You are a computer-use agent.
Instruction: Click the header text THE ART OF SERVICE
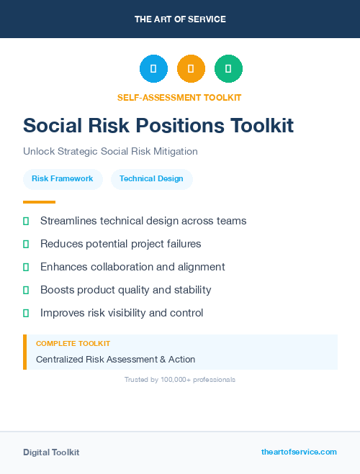tap(180, 19)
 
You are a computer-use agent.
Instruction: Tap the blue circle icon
tap(153, 69)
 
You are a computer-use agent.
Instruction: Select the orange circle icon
tap(191, 69)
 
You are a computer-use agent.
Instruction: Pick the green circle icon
tap(228, 69)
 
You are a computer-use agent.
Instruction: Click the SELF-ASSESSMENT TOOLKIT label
tap(180, 97)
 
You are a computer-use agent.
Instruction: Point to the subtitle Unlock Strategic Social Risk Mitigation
tap(110, 152)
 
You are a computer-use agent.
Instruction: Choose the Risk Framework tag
tap(63, 179)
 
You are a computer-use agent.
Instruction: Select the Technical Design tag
tap(151, 179)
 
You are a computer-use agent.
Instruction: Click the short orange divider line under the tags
tap(39, 202)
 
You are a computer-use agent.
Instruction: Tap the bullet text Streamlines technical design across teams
tap(143, 221)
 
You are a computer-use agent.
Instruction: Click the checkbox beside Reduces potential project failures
tap(26, 245)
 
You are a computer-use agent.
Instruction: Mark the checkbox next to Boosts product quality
tap(26, 291)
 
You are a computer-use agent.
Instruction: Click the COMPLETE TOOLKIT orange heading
tap(73, 344)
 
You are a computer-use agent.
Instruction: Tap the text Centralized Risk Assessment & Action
tap(115, 359)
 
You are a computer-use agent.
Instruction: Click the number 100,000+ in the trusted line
tap(179, 379)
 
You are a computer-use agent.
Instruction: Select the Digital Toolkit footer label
tap(51, 452)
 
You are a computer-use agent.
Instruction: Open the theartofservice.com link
tap(299, 452)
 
